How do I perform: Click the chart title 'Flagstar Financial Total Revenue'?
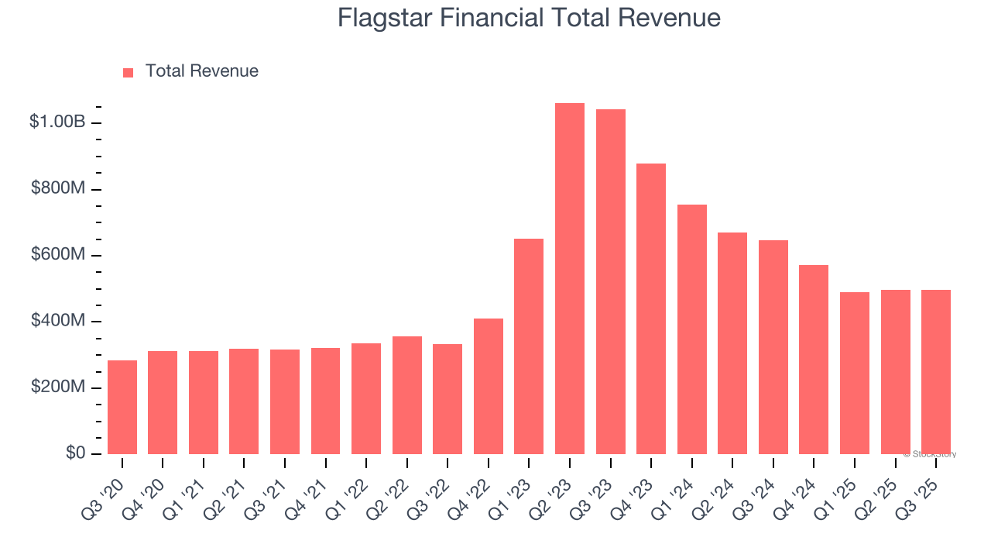point(529,18)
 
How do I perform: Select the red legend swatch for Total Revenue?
point(129,72)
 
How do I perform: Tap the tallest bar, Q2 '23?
point(570,279)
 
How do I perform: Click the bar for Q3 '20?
point(122,407)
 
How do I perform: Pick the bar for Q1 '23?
point(529,346)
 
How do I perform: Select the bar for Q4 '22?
point(489,386)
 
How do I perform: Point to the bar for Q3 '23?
point(610,282)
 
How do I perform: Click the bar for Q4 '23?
point(651,308)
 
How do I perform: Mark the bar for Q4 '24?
point(814,360)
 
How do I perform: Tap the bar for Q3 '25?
point(935,372)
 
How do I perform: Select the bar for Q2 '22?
point(407,395)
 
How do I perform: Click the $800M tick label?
point(57,188)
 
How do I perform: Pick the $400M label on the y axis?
point(57,321)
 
